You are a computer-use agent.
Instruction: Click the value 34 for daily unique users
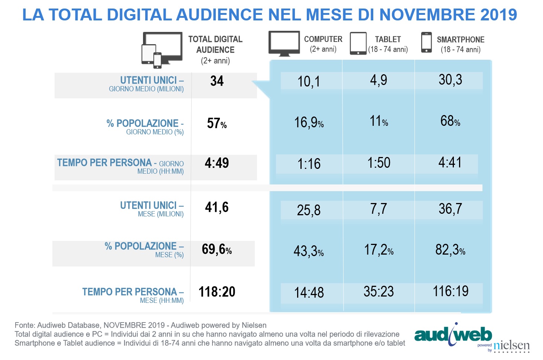pos(217,81)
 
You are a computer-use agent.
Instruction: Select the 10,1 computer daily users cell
pos(309,81)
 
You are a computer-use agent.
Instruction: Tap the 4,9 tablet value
pos(378,80)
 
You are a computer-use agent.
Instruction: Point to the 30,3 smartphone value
pos(450,79)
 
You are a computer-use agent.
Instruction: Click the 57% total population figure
pos(217,123)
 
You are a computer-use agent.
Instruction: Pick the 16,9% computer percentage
pos(309,122)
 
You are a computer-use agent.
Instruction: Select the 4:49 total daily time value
pos(217,163)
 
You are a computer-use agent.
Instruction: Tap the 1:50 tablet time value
pos(379,163)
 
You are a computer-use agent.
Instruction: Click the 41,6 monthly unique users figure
pos(217,207)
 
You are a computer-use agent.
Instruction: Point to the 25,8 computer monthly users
pos(309,210)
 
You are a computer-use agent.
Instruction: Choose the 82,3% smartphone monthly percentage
pos(450,250)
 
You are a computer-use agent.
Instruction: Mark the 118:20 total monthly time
pos(217,292)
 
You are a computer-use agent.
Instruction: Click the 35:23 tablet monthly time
pos(378,291)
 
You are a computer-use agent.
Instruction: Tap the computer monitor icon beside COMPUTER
pos(284,43)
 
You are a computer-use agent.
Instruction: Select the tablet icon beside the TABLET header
pos(358,43)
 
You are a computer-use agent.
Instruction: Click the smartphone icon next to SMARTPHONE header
pos(426,42)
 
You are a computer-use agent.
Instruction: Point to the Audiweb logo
pos(453,334)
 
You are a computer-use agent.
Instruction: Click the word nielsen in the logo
pos(511,346)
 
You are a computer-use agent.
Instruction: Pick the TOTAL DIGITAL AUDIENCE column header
pos(215,45)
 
